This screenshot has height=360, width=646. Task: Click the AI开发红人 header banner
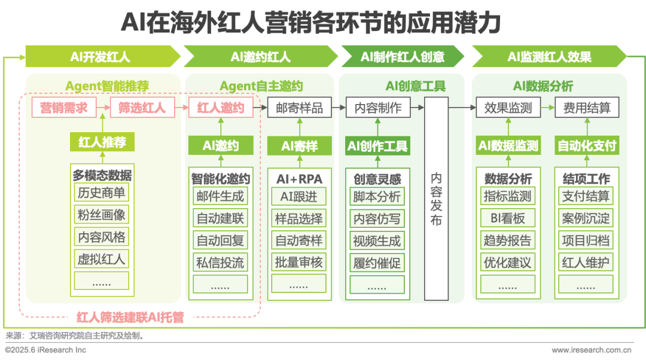[100, 57]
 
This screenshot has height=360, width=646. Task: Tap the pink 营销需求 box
[64, 108]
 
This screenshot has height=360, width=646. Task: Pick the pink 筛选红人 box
[142, 108]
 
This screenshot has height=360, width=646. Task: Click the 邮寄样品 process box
[299, 108]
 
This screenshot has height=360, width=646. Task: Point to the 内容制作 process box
[378, 108]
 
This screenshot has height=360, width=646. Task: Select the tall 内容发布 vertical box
[437, 199]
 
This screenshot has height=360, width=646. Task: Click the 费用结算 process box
[587, 108]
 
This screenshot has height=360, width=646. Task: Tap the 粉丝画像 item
[102, 215]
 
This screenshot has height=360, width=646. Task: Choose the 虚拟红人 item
[102, 260]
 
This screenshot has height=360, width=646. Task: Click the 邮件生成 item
[220, 196]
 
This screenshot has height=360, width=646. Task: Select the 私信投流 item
[220, 262]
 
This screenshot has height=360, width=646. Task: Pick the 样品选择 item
[299, 218]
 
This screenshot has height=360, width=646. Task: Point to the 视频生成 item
[377, 240]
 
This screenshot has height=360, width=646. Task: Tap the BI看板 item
[508, 218]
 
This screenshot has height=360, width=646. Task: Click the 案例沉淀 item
[586, 218]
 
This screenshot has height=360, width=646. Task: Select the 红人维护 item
[586, 262]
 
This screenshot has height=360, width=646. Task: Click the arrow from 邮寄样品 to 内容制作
[339, 108]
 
